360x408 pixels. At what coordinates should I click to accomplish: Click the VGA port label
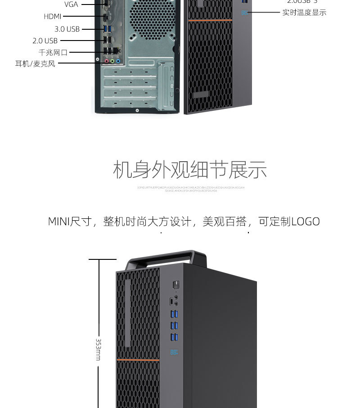(x=71, y=5)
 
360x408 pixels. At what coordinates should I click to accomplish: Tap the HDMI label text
(x=52, y=17)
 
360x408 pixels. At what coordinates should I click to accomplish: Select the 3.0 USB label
(x=67, y=29)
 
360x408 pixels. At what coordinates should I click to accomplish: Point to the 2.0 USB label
(x=45, y=41)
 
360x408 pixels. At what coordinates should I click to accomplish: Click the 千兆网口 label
(x=53, y=52)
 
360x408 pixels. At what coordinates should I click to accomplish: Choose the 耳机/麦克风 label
(x=35, y=63)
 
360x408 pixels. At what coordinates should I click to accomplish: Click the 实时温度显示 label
(x=304, y=13)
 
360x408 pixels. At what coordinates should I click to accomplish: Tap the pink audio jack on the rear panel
(x=107, y=60)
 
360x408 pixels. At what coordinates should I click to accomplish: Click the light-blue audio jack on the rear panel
(x=118, y=60)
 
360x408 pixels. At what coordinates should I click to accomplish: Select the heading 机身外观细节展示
(x=189, y=169)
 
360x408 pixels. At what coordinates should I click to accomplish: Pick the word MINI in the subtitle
(x=59, y=222)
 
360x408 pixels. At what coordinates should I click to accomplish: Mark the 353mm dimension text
(x=98, y=349)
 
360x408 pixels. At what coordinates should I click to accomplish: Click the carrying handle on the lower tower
(x=166, y=257)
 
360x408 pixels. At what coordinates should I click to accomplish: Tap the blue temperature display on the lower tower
(x=173, y=352)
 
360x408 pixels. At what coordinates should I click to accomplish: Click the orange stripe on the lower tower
(x=138, y=360)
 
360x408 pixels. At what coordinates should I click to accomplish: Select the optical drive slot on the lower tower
(x=128, y=313)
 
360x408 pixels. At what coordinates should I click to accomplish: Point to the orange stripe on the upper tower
(x=210, y=20)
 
